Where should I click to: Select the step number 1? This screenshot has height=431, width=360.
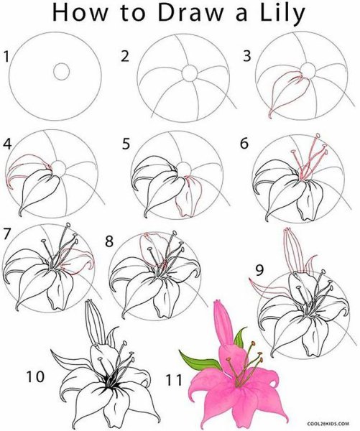pos(6,57)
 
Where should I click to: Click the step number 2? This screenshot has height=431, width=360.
pos(125,56)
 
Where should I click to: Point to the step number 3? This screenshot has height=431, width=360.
pos(247,56)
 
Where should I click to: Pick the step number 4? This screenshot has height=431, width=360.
pos(7,144)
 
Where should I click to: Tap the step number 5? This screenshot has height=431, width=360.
pos(126,144)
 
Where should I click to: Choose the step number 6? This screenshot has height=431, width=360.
pos(244,143)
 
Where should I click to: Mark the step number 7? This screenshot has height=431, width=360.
pos(6,233)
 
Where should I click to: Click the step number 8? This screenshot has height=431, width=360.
pos(109,241)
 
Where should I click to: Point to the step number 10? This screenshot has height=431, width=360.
pos(35,376)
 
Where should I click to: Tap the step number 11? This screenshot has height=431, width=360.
pos(174,381)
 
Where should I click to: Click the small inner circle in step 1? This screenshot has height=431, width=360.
pos(62,71)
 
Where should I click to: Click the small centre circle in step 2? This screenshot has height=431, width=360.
pos(190,73)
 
